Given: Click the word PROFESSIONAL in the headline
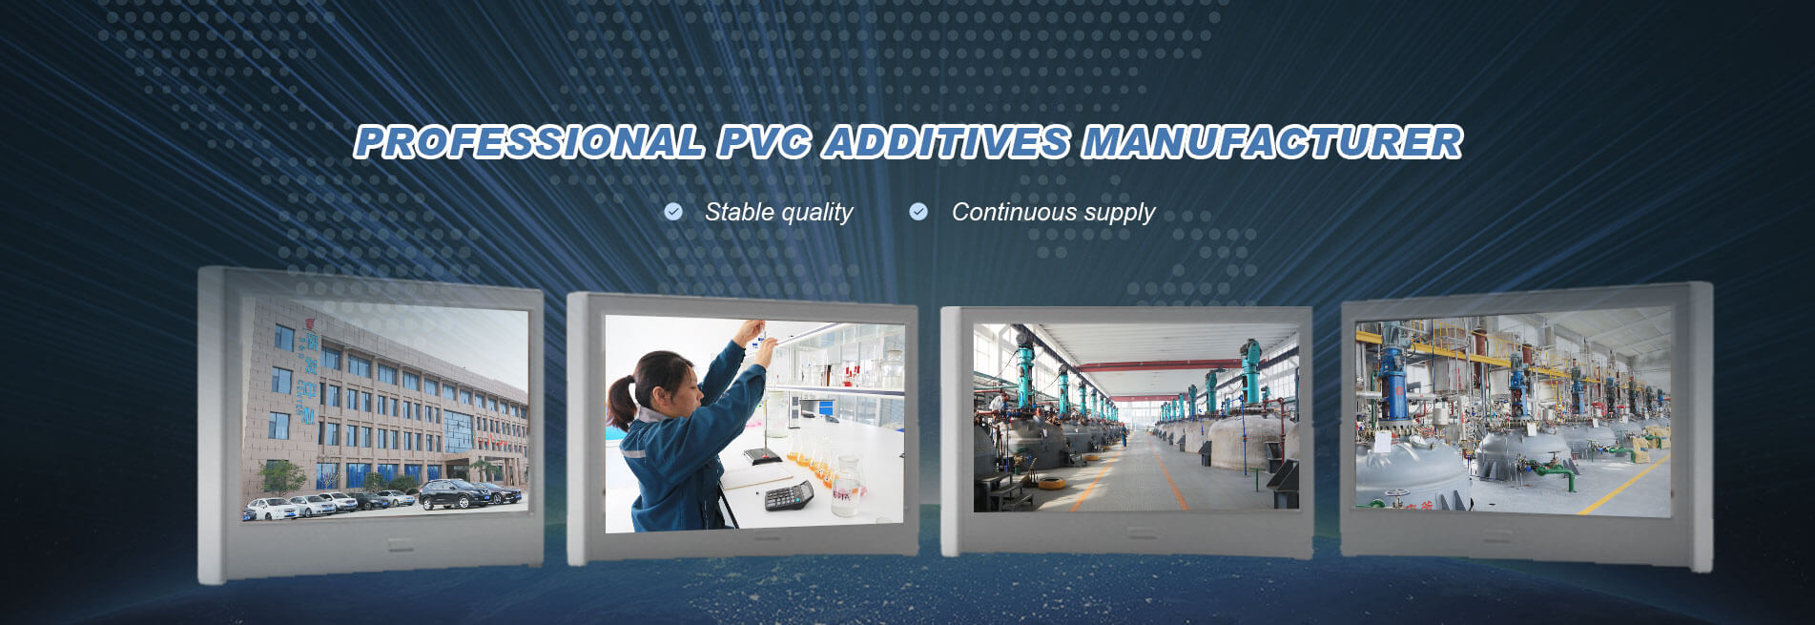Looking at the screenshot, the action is (x=529, y=142).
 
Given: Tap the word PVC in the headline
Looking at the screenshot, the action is (x=765, y=142).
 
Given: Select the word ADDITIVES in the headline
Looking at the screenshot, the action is (x=946, y=142).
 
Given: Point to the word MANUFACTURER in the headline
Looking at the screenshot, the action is (x=1271, y=142).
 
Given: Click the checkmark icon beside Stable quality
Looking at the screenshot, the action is (x=673, y=211).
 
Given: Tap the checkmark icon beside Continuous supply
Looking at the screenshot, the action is (x=918, y=211).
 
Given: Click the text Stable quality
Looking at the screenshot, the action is (x=779, y=212).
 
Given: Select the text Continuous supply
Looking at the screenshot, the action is (x=1053, y=212).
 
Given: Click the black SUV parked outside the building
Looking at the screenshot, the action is (x=456, y=493).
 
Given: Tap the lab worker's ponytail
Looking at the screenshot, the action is (x=621, y=402).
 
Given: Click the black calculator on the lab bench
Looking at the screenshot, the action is (x=789, y=495).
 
